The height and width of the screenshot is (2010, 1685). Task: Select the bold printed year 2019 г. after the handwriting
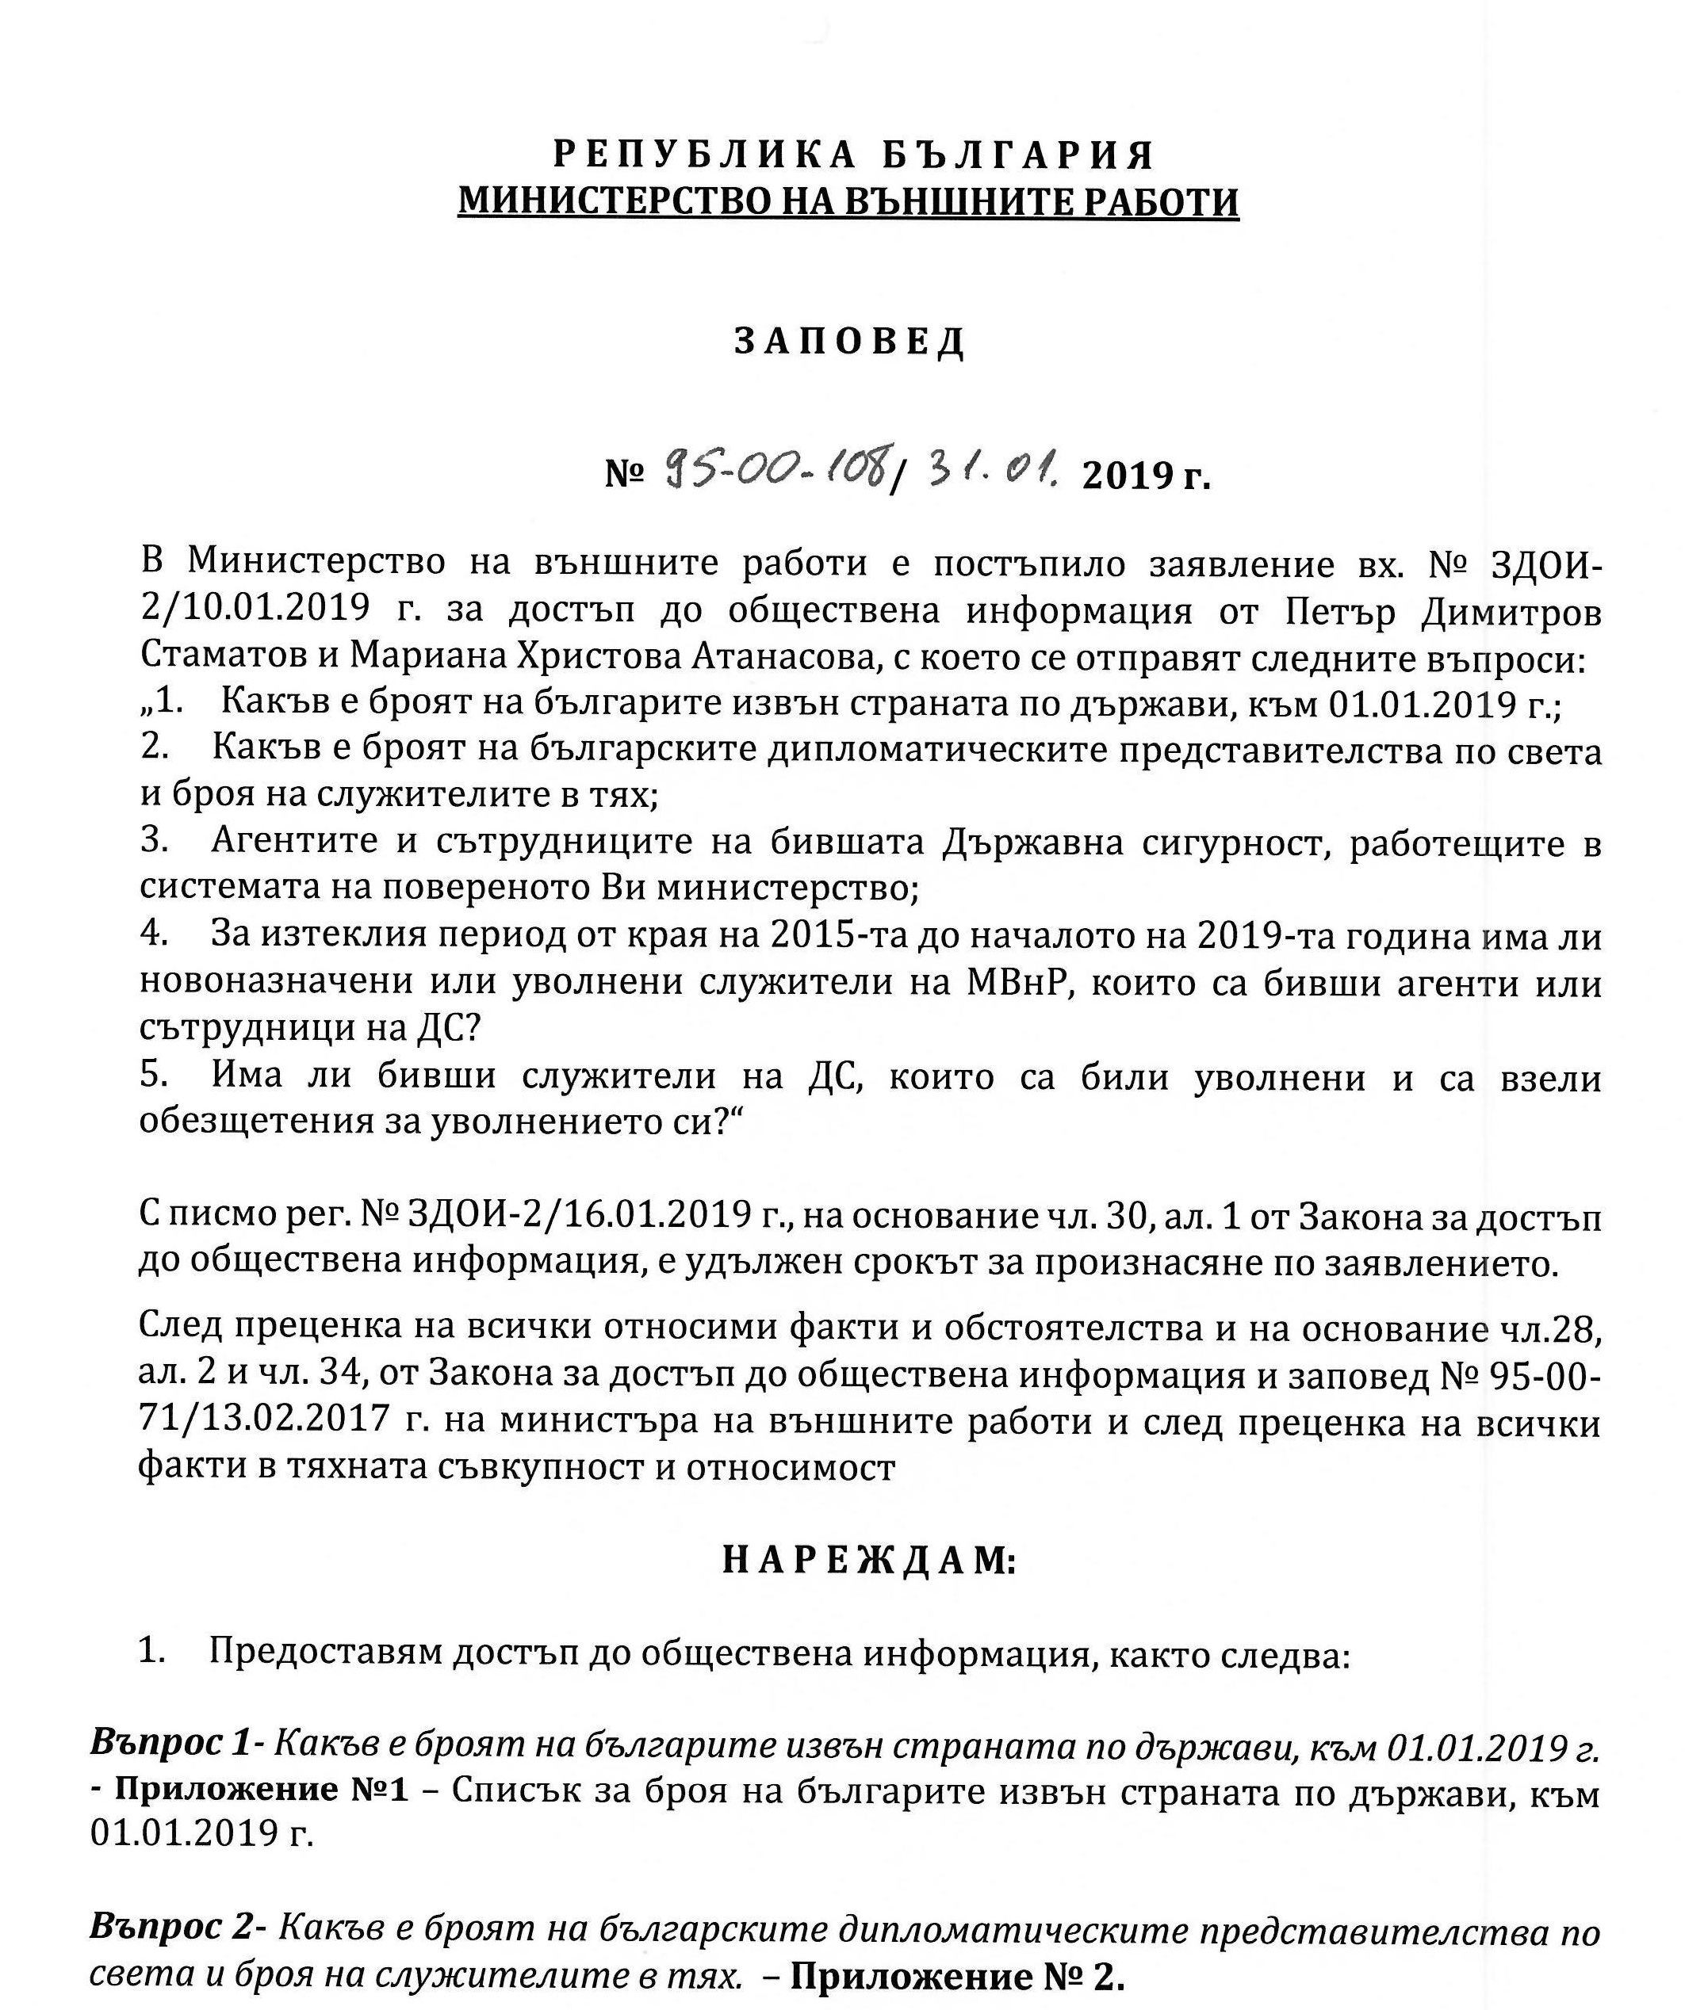[1145, 474]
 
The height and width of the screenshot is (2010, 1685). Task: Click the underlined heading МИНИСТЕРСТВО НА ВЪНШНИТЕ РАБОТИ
[848, 202]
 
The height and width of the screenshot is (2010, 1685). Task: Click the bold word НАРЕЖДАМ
[867, 1561]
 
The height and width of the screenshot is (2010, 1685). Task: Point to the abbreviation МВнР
[1012, 983]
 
